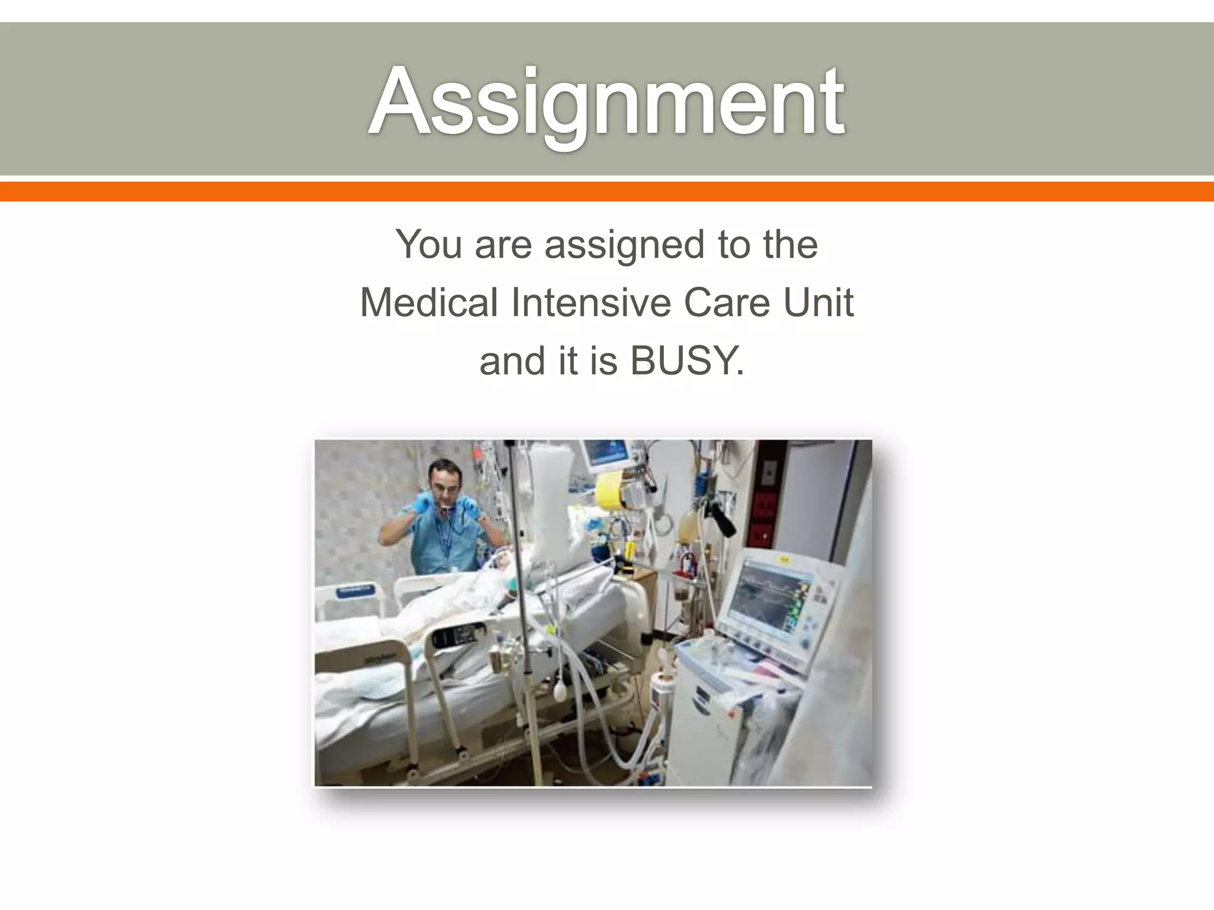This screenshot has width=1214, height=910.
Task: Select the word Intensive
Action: (590, 302)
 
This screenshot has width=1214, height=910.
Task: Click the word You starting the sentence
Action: (429, 244)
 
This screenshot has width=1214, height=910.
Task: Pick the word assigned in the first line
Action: (623, 245)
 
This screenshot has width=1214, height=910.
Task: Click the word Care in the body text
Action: (727, 302)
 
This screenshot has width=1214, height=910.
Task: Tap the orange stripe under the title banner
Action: (607, 191)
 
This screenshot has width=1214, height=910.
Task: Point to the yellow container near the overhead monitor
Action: (613, 491)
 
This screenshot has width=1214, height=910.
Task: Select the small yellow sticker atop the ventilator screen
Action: (785, 559)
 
